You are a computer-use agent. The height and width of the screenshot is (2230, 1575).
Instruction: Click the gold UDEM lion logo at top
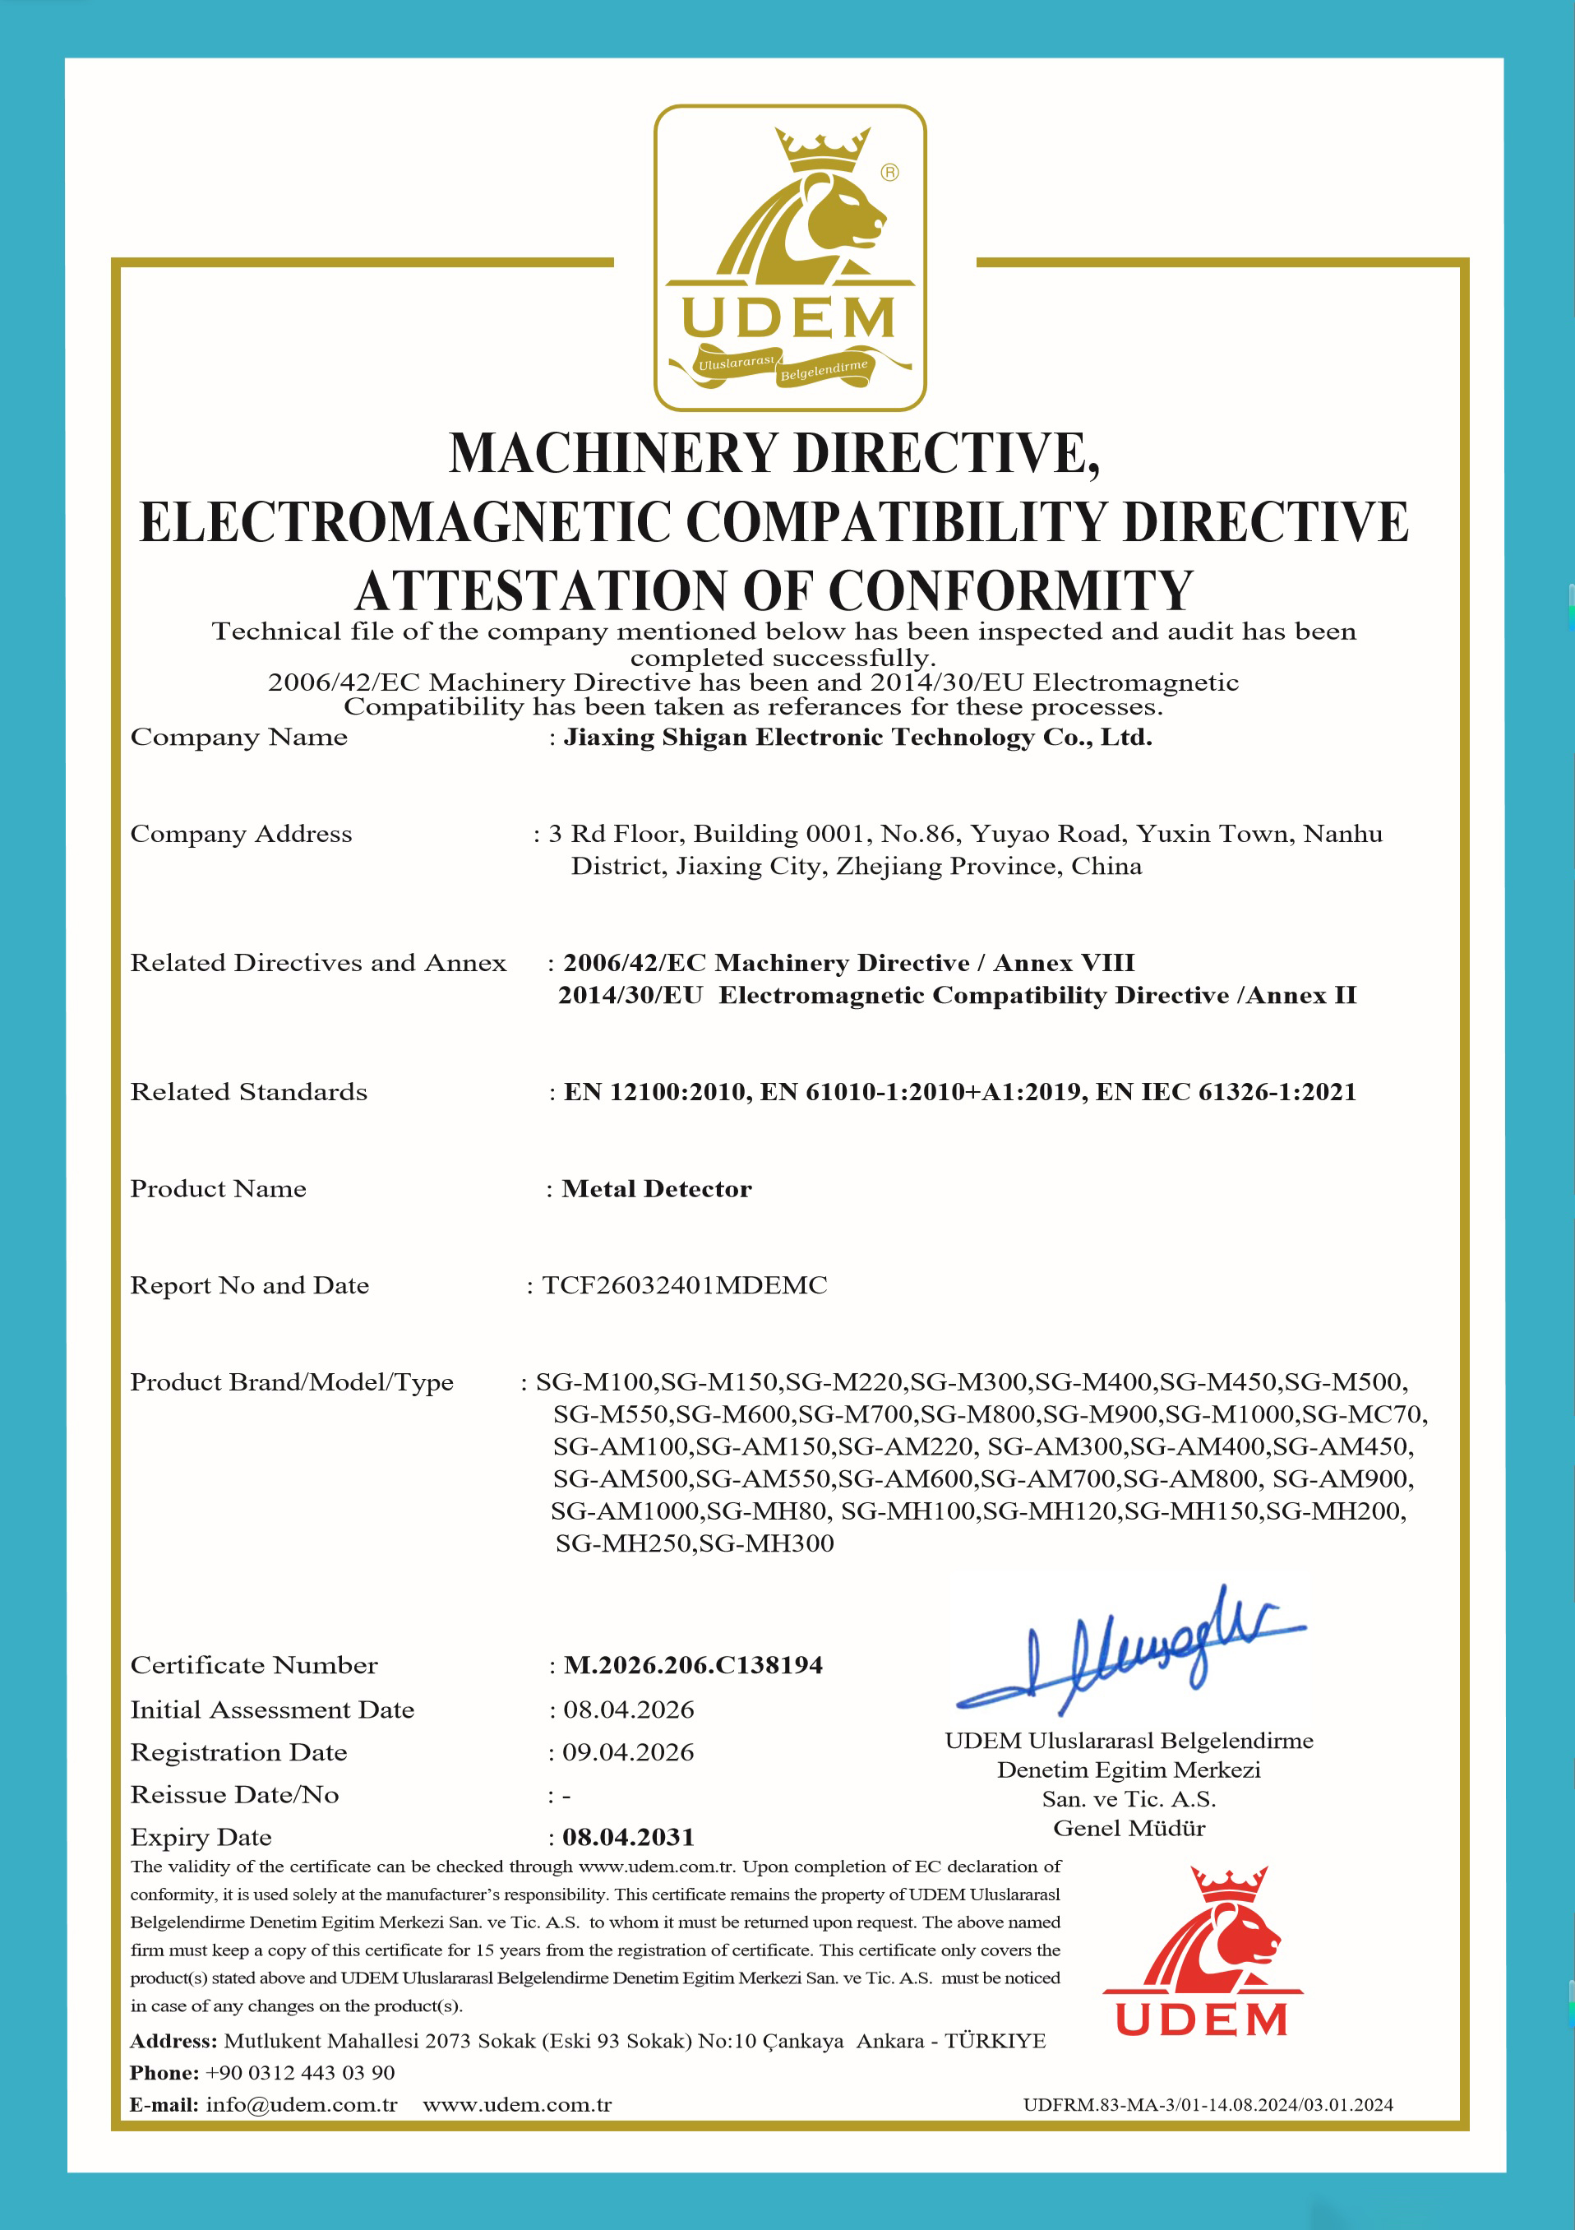(x=789, y=257)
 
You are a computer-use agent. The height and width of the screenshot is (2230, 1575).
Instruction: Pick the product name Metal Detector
(x=657, y=1189)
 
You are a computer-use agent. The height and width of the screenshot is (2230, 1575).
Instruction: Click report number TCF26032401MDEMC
(x=685, y=1285)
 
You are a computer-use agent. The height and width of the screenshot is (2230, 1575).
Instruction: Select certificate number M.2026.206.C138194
(x=693, y=1665)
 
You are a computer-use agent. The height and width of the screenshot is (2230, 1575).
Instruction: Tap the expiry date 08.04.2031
(x=628, y=1837)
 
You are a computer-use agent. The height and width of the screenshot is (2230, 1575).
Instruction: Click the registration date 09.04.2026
(x=628, y=1752)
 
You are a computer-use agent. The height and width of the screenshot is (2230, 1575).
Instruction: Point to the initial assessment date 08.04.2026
(x=628, y=1710)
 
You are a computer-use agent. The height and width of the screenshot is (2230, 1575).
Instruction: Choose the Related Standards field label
(x=248, y=1092)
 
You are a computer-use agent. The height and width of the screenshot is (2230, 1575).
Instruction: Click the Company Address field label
(x=241, y=833)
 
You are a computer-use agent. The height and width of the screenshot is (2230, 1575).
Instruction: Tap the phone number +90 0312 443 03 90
(x=300, y=2073)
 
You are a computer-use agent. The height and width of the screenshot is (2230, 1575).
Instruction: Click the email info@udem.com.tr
(x=301, y=2105)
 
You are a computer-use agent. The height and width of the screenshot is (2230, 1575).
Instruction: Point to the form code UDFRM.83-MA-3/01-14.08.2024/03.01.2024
(x=1208, y=2105)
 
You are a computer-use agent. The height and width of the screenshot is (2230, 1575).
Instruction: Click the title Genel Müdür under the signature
(x=1129, y=1828)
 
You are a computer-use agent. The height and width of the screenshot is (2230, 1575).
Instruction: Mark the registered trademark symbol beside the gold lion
(x=889, y=172)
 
